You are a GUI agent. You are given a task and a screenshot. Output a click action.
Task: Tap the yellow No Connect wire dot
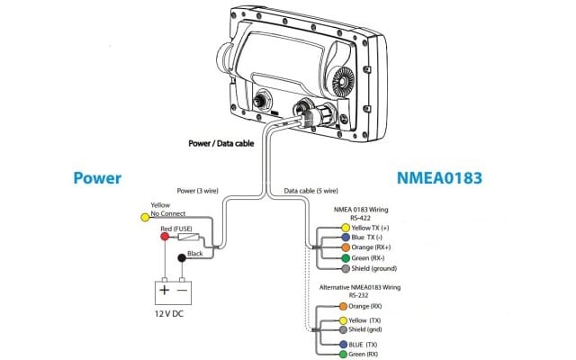[145, 217]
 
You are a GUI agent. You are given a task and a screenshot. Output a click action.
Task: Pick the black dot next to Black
[183, 258]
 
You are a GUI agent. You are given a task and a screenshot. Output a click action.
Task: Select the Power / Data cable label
[221, 141]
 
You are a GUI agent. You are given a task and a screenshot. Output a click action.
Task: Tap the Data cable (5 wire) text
[310, 192]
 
